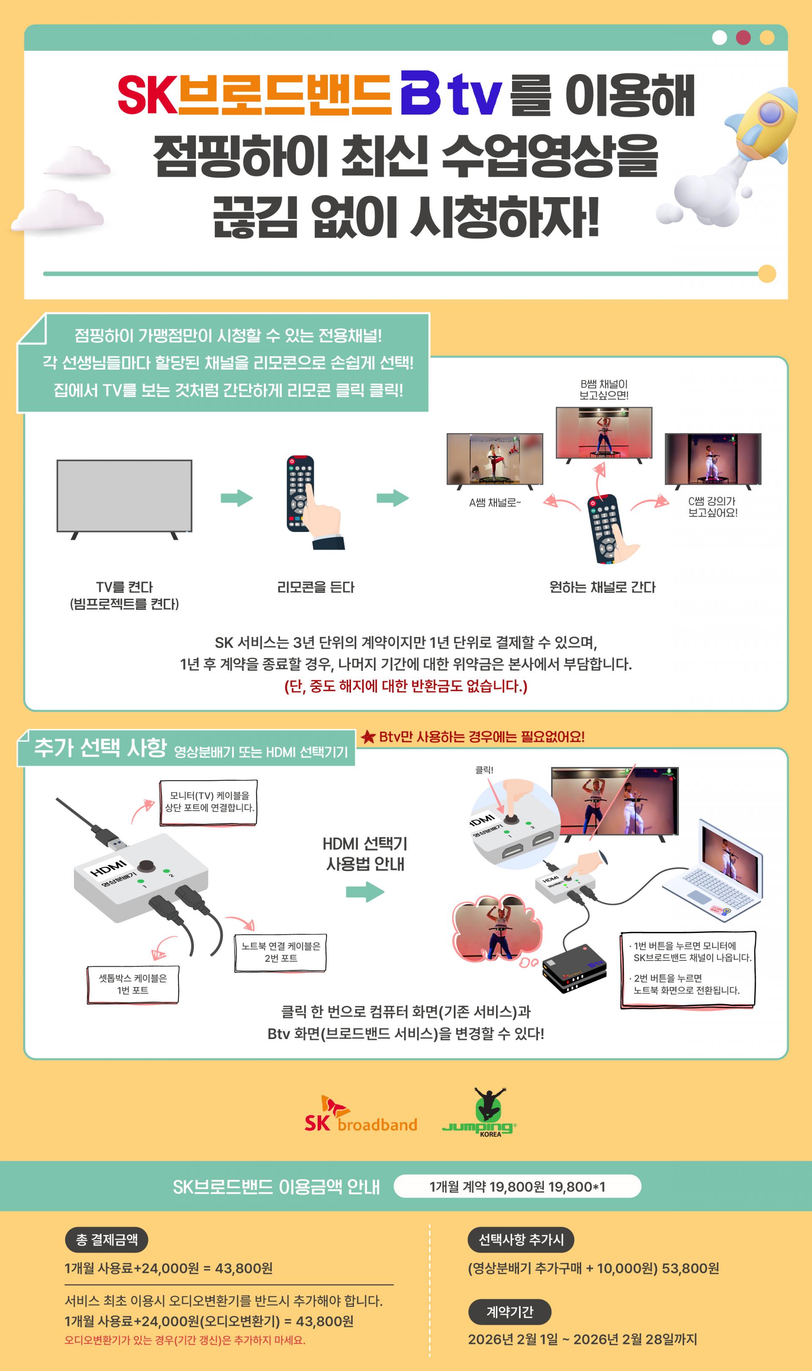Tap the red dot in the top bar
(743, 37)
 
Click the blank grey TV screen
(124, 495)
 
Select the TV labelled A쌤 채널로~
(495, 460)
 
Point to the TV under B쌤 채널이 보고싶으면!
(604, 434)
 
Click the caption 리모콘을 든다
(316, 587)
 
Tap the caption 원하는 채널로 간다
(602, 587)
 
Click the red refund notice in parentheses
(406, 686)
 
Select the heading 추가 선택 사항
(101, 747)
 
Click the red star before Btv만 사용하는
(368, 737)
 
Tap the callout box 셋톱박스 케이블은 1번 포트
(132, 985)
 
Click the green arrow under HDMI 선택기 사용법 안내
(365, 892)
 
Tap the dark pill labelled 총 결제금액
(107, 1240)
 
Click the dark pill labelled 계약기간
(510, 1312)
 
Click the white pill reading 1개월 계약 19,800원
(517, 1186)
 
